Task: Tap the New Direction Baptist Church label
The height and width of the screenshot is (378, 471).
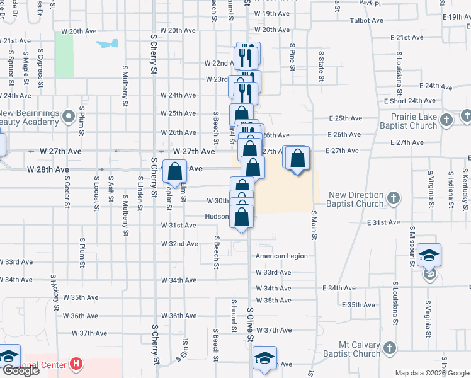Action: coord(356,199)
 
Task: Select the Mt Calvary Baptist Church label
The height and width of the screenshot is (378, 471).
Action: coord(359,349)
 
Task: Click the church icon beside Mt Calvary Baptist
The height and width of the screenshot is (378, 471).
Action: coord(390,348)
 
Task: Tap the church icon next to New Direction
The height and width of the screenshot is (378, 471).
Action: coord(393,199)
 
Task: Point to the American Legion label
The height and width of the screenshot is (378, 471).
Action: coord(281,256)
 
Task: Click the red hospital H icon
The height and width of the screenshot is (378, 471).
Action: coord(76,364)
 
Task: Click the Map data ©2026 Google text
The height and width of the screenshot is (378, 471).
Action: coord(432,373)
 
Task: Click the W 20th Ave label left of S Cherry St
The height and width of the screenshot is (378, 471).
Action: coord(79,31)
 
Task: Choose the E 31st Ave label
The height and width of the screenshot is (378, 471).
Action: coord(383,222)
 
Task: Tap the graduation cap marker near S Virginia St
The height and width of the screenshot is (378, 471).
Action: coord(429,255)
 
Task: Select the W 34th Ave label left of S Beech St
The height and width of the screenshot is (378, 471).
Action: coord(179,280)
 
